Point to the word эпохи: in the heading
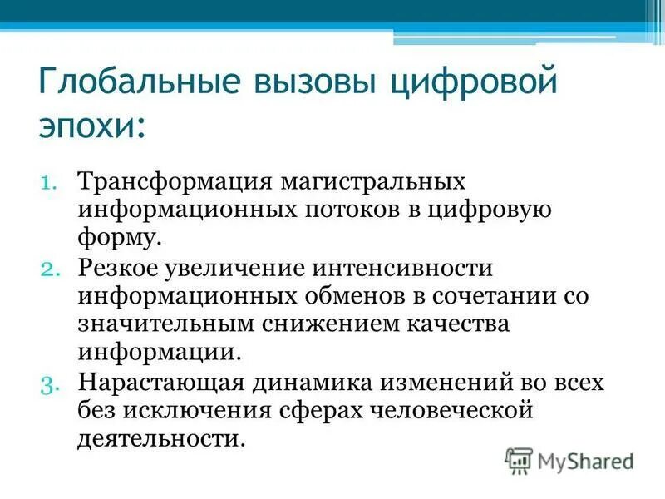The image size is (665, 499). pos(93,126)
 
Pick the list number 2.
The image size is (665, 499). pos(48,269)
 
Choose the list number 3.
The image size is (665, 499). pos(48,383)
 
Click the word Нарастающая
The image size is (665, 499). pos(159,383)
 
